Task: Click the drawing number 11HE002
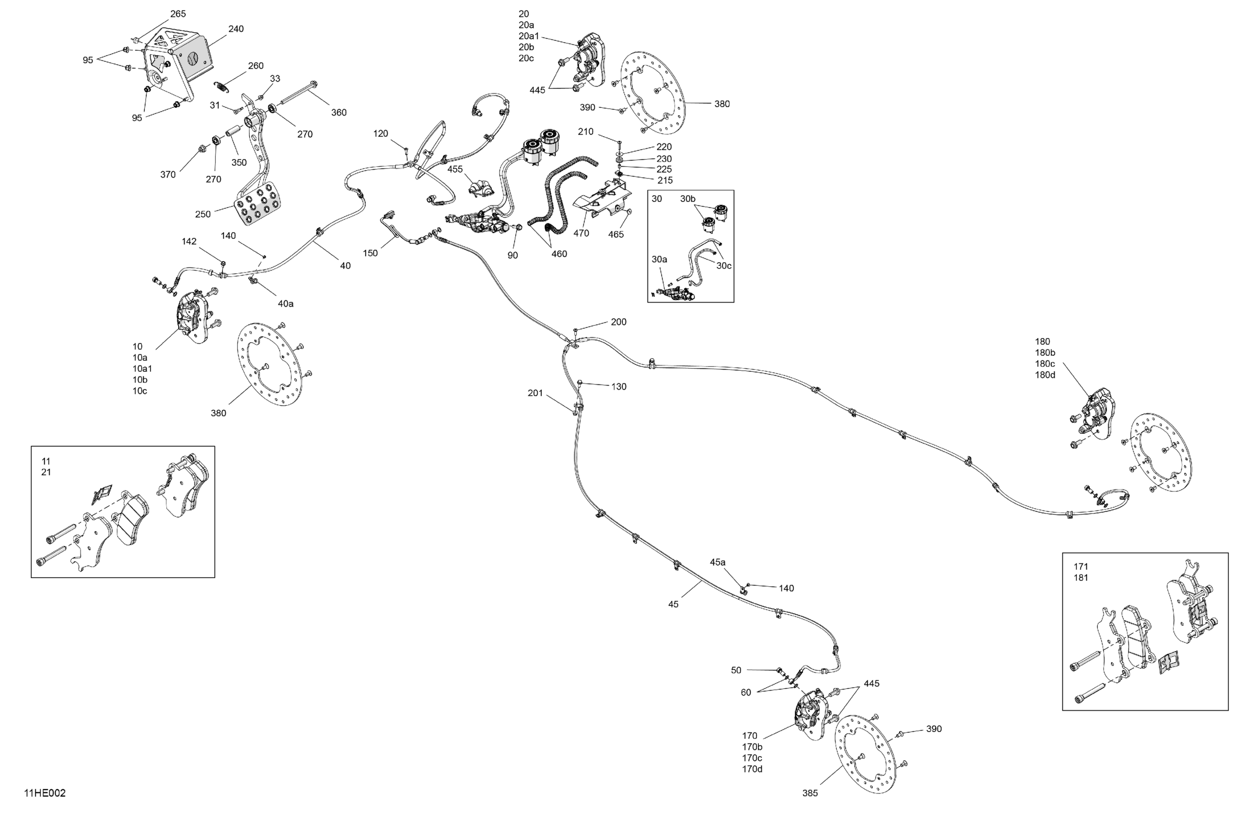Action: (45, 793)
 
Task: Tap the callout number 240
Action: (235, 29)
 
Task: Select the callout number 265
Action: (177, 14)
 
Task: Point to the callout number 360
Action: (338, 113)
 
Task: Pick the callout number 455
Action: (455, 170)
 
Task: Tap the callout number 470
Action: (581, 233)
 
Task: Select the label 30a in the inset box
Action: (659, 259)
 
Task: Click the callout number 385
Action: (810, 793)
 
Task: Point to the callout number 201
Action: (535, 393)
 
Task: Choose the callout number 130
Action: (618, 386)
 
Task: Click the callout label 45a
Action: (717, 562)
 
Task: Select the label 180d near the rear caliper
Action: (1045, 375)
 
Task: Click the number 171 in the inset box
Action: (1081, 567)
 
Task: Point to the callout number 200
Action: (618, 322)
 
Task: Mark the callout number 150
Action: (370, 253)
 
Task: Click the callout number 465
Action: (616, 234)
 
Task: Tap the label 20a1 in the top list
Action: (529, 36)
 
